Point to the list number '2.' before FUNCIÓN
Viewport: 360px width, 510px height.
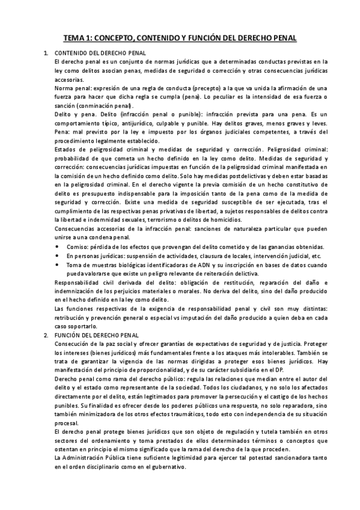coord(46,334)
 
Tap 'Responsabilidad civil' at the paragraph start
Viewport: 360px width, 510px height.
coord(87,283)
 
